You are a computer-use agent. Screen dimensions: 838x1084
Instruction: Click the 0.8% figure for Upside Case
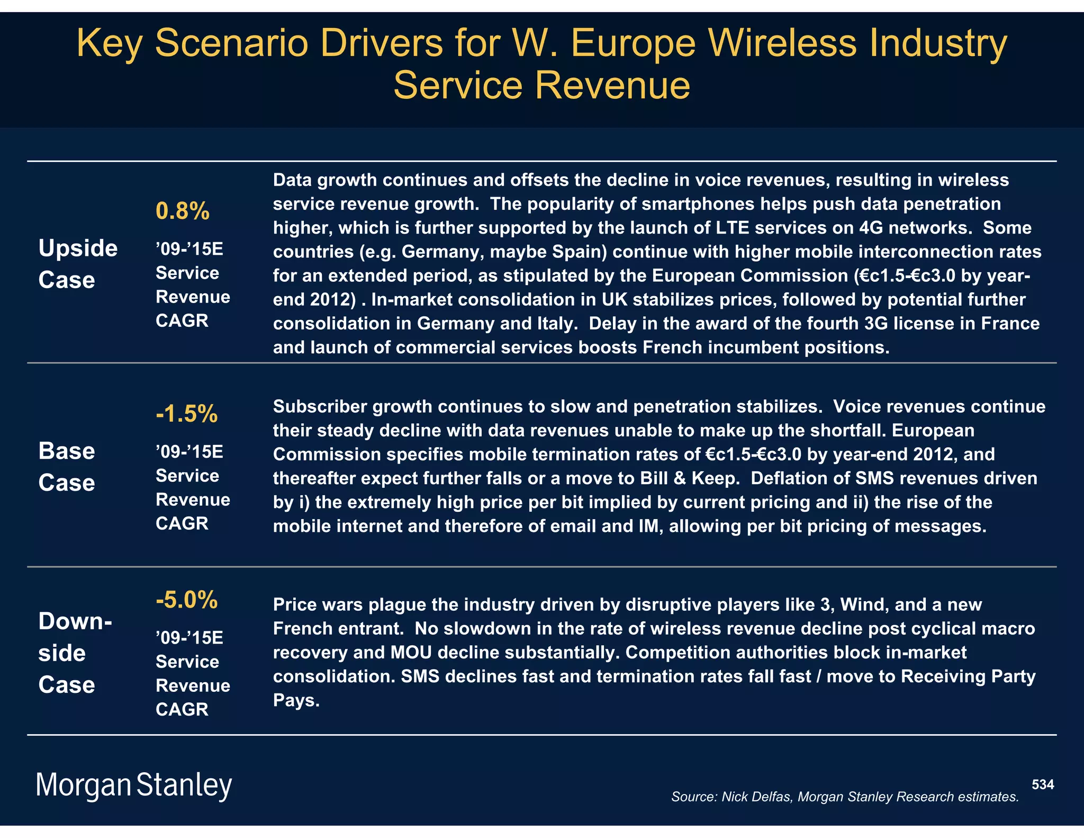tap(183, 211)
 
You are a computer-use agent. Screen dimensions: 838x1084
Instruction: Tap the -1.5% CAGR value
tap(186, 414)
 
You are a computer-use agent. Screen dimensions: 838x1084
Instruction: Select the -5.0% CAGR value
tap(186, 600)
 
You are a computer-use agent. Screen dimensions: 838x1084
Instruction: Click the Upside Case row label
tap(78, 264)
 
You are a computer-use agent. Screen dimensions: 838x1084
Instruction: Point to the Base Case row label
tap(67, 467)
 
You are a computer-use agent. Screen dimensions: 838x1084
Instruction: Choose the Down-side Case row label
tap(75, 653)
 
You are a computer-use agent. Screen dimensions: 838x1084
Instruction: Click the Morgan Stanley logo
tap(134, 785)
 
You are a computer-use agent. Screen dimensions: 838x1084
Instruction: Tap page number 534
tap(1043, 784)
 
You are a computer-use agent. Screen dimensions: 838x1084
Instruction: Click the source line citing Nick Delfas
tap(845, 797)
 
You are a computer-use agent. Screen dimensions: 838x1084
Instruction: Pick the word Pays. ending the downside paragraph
tap(296, 700)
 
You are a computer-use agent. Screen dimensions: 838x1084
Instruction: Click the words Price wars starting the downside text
tap(318, 604)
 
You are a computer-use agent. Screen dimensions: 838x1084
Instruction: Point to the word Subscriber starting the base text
tap(320, 406)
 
